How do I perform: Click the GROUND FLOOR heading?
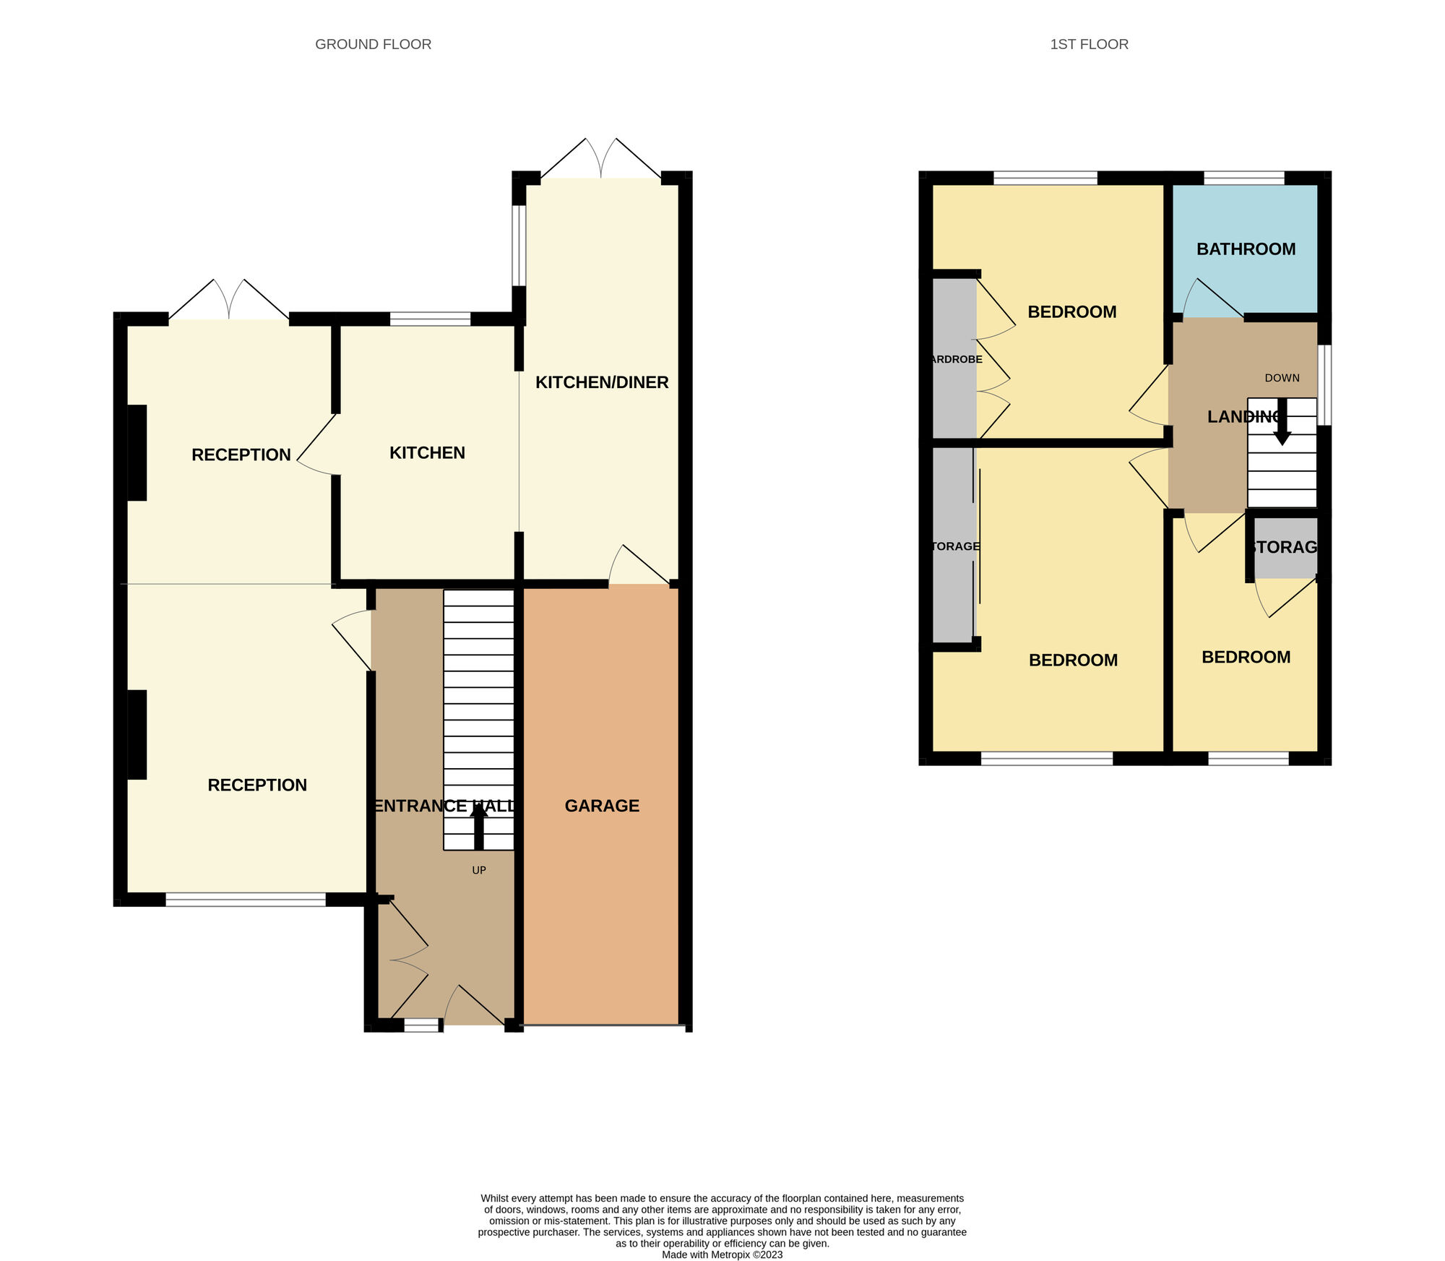coord(373,44)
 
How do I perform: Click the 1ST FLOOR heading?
coord(1089,44)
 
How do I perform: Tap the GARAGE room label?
coord(602,806)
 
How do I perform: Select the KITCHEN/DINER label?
coord(602,382)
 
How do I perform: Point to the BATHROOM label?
coord(1246,249)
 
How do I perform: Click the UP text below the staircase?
coord(479,870)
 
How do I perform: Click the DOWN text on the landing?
coord(1282,378)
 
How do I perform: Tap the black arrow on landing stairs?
coord(1282,423)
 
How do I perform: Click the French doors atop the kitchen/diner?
coord(601,159)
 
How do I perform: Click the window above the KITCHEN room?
coord(430,319)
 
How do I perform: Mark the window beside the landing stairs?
coord(1324,385)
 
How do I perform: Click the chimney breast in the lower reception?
coord(137,734)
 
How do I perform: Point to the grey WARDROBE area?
coord(954,358)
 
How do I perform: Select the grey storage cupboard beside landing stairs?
coord(1285,548)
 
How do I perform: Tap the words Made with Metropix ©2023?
coord(722,1254)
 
